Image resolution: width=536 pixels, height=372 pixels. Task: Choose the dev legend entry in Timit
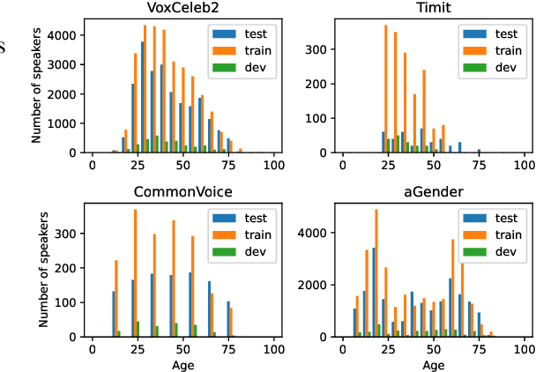point(497,68)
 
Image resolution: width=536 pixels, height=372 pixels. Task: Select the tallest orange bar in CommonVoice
point(135,272)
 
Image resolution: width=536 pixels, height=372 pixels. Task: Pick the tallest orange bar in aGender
point(376,272)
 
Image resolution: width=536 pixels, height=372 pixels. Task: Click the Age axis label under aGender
point(434,364)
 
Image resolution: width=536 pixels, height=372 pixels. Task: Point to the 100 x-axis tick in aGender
point(525,349)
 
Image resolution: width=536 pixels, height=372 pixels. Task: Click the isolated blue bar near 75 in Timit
point(479,151)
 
